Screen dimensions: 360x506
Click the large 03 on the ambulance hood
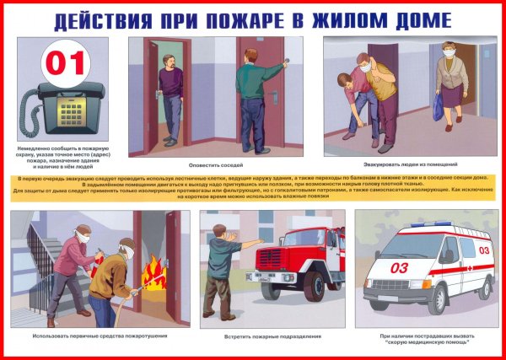(x=399, y=268)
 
